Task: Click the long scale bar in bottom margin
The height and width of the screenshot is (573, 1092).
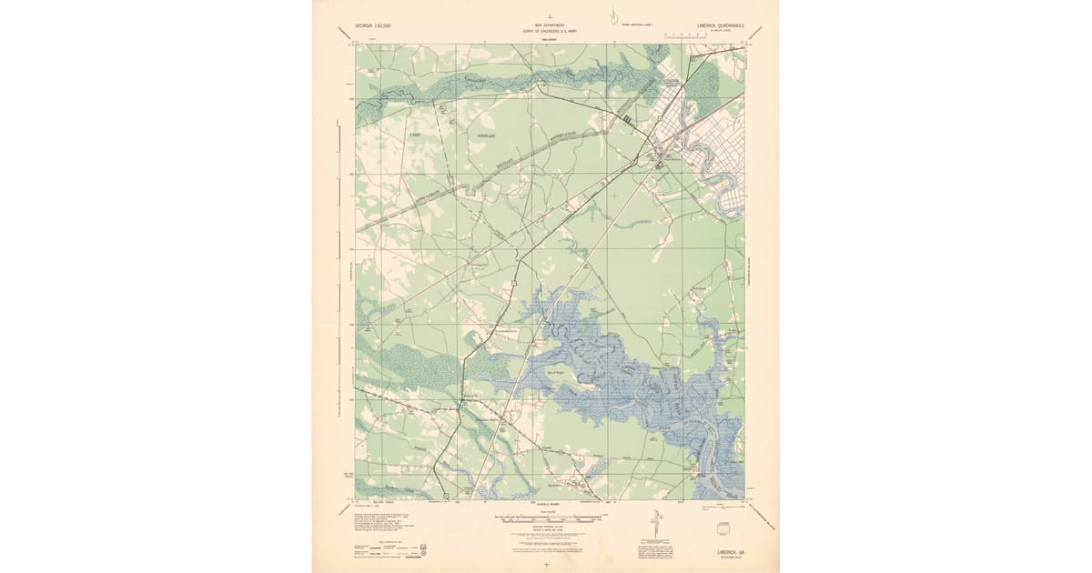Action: [x=546, y=518]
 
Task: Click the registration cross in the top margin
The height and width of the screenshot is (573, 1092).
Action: [x=545, y=15]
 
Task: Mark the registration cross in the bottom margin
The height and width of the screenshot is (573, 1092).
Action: [x=545, y=564]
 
